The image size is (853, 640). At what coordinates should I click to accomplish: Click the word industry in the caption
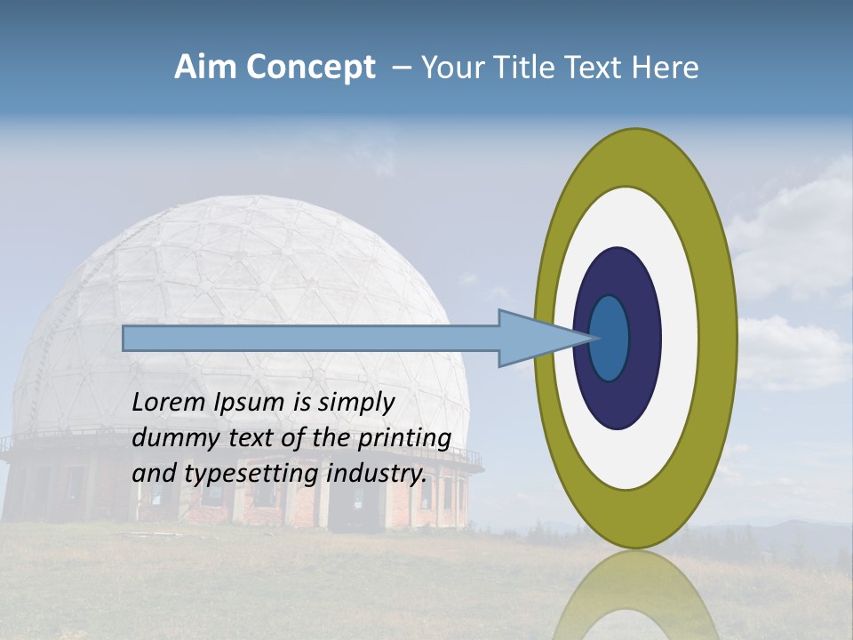point(377,475)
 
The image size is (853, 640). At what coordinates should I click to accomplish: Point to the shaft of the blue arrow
point(311,339)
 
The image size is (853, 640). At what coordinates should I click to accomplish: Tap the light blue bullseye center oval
point(609,339)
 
